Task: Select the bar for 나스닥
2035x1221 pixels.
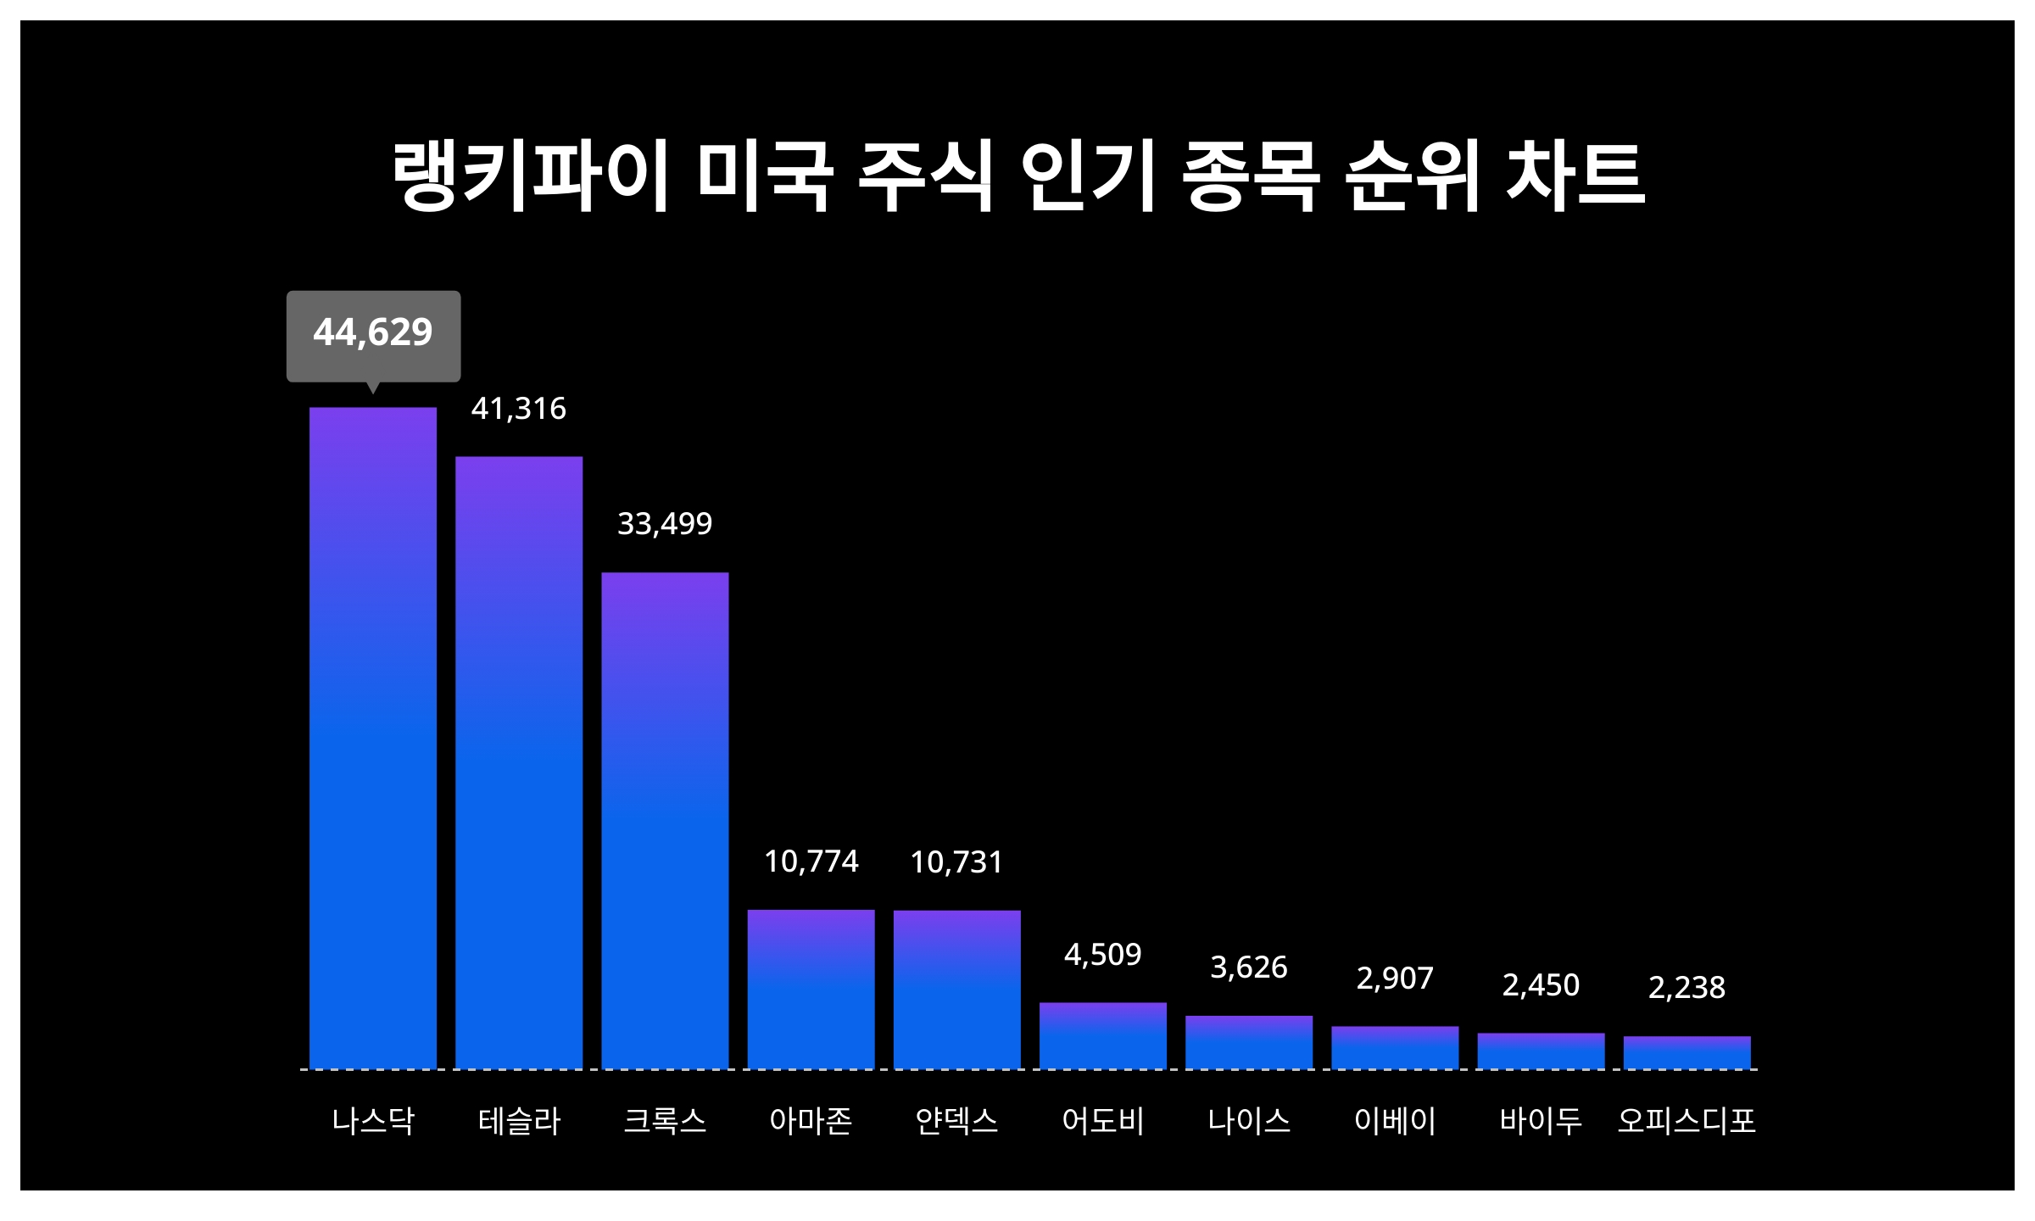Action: pos(373,738)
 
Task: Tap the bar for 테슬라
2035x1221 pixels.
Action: pos(519,763)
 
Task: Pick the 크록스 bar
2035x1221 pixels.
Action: pos(665,821)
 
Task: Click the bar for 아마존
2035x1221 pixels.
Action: pos(811,989)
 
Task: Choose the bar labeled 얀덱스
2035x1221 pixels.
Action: pos(956,990)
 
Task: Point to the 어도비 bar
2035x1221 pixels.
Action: pos(1103,1035)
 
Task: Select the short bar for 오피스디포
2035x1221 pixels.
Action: pos(1687,1052)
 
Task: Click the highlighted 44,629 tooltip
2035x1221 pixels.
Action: pos(373,333)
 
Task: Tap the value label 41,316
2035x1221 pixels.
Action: pos(519,410)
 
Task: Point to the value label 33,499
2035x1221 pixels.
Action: pos(665,525)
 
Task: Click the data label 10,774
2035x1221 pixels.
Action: pos(811,862)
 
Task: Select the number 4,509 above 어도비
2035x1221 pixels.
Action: pos(1103,956)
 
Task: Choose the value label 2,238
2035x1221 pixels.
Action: pos(1687,988)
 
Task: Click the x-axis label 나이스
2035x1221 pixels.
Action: pos(1249,1121)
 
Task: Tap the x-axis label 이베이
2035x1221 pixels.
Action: pos(1395,1121)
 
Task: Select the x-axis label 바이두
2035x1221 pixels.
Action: pos(1541,1121)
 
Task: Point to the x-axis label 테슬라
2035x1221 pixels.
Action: pos(519,1121)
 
